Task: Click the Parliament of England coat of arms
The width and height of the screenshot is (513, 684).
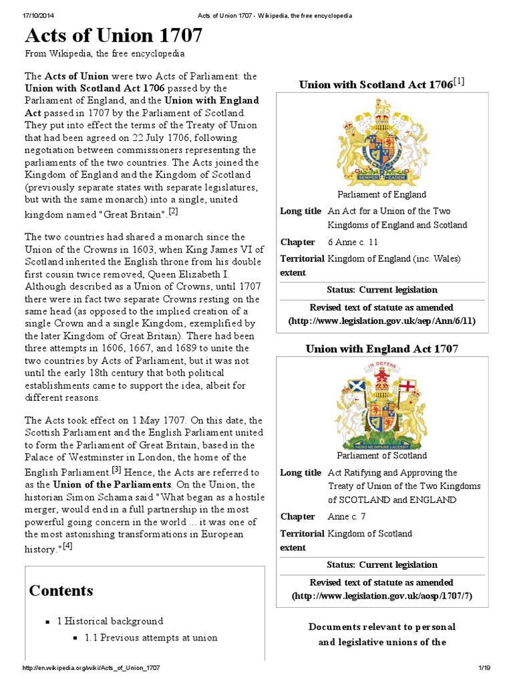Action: click(382, 139)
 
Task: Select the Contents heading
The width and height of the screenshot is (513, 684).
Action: click(61, 590)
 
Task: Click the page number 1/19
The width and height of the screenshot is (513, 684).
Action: click(484, 669)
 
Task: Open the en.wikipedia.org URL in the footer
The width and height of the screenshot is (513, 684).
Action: click(91, 669)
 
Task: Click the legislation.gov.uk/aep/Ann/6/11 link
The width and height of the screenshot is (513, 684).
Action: click(382, 321)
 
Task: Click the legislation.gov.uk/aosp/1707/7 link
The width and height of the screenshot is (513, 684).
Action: click(382, 595)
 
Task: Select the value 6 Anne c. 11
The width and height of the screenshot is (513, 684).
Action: click(353, 242)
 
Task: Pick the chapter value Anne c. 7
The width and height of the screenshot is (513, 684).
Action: click(347, 516)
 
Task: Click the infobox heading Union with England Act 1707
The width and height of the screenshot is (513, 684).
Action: click(382, 349)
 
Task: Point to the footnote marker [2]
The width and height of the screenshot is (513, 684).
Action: click(174, 212)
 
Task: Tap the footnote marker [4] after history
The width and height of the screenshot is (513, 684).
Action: click(67, 546)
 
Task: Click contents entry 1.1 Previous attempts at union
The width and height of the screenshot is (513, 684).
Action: click(151, 637)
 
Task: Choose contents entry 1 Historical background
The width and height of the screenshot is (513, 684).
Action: click(110, 621)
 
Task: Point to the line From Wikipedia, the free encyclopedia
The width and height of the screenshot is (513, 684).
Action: click(105, 53)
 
